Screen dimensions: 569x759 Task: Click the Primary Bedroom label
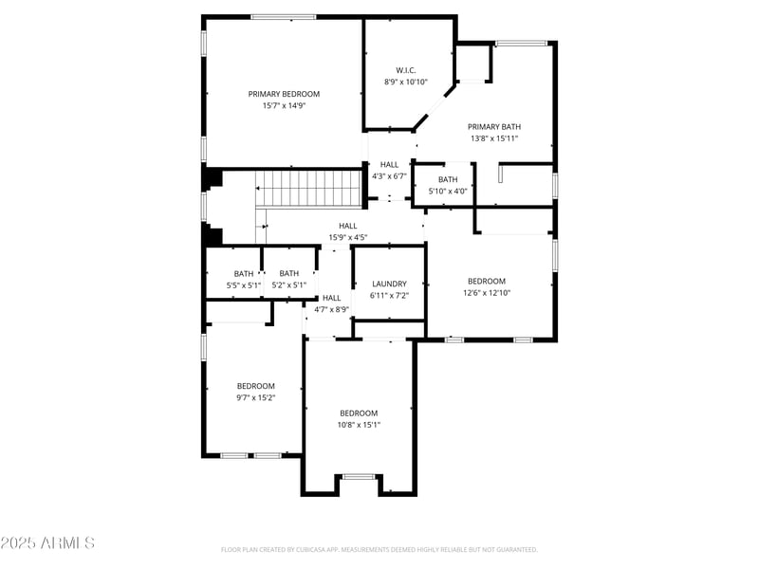284,94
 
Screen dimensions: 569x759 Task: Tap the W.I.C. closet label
406,70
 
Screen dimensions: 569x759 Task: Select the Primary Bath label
494,126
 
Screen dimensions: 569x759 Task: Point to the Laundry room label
389,284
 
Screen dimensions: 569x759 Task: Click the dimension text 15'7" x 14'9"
284,105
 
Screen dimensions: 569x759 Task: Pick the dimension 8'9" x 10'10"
406,82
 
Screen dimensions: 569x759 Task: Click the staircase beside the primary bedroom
309,188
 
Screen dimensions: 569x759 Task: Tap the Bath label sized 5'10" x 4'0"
448,179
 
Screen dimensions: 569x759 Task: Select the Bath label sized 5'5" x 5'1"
244,274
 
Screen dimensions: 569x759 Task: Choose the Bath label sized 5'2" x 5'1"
288,274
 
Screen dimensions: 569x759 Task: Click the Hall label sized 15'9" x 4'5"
348,226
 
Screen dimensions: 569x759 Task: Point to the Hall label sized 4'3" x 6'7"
389,164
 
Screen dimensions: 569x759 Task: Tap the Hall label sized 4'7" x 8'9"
331,298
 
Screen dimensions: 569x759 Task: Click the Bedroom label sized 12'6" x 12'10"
487,281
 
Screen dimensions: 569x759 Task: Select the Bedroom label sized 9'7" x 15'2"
256,386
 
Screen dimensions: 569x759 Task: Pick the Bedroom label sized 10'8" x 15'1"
359,413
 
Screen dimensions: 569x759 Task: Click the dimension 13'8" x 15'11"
494,138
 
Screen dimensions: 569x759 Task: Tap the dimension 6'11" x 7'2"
389,295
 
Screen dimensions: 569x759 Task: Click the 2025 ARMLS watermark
47,542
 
